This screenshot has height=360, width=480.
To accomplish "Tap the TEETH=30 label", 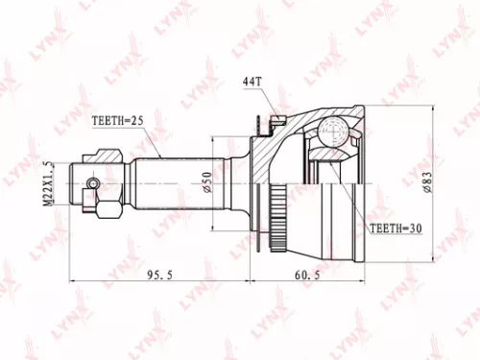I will point(396,229).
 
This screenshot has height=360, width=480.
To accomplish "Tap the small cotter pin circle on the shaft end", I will point(92,184).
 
